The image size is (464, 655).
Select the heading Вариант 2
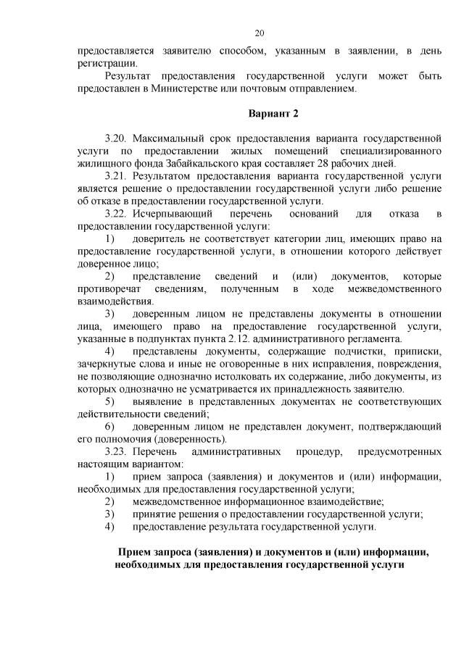273,114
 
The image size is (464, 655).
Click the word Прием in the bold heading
135,551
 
